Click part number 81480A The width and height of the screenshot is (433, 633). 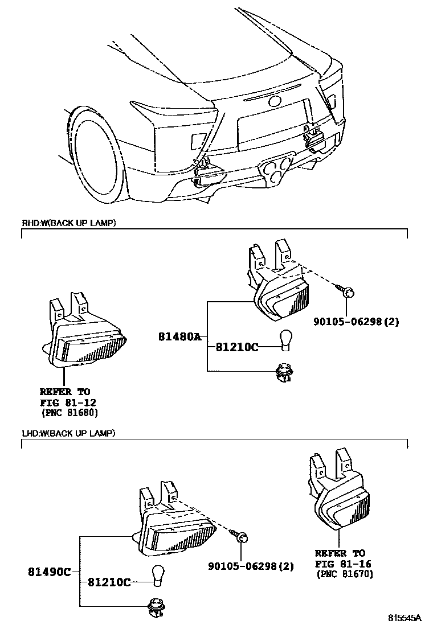(x=179, y=337)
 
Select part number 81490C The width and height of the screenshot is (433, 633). (x=50, y=572)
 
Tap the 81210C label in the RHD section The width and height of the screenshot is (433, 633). (x=236, y=347)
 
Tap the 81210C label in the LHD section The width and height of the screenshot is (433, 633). (x=109, y=582)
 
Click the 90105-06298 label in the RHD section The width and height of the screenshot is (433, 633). (x=356, y=322)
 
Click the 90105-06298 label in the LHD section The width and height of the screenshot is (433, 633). (x=251, y=566)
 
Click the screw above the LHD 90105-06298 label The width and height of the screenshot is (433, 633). (x=241, y=536)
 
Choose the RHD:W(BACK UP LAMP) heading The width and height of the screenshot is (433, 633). (x=68, y=223)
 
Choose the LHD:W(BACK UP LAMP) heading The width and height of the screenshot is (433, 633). (x=68, y=434)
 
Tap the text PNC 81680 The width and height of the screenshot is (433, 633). (x=65, y=412)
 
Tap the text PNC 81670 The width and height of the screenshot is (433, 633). (x=345, y=574)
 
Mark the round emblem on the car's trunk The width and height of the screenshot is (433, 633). (x=275, y=102)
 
